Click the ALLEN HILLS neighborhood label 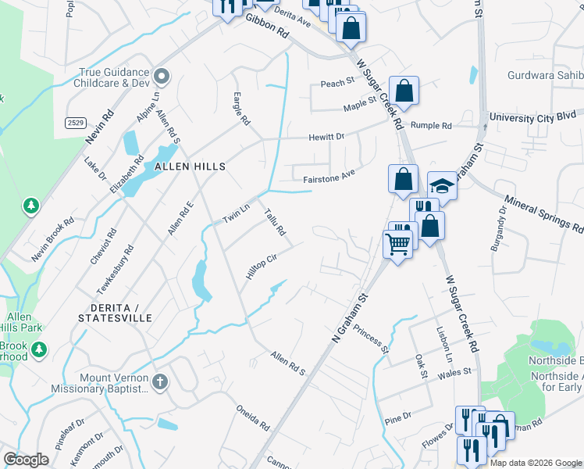tap(190, 166)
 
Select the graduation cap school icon tap(442, 187)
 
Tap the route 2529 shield tap(76, 123)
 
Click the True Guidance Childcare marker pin tap(162, 76)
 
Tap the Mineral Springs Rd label tap(545, 215)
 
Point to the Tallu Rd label tap(275, 222)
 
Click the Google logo tap(27, 460)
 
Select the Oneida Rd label tap(253, 417)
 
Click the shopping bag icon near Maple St tap(404, 91)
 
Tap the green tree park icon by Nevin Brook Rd tap(31, 206)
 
